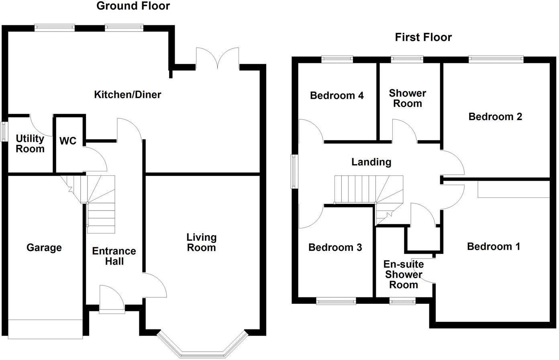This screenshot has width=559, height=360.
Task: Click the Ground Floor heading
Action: tap(133, 6)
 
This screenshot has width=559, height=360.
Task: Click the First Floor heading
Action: tap(423, 37)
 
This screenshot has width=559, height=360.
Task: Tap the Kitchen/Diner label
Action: tap(127, 95)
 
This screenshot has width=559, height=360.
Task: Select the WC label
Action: tap(68, 141)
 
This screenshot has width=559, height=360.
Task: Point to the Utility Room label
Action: tap(30, 144)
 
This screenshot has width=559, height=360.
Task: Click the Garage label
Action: tap(44, 248)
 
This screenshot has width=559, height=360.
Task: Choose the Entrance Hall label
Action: tap(114, 256)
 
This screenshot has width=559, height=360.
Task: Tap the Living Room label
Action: tap(201, 242)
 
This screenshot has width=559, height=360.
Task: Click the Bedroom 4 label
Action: tap(337, 96)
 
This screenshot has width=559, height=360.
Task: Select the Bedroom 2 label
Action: tap(495, 117)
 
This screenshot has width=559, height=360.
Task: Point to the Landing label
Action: tap(371, 162)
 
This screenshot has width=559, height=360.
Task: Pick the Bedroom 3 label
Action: tap(335, 247)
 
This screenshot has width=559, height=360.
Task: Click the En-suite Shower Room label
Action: tap(404, 275)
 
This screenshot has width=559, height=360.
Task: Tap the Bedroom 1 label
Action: tap(494, 246)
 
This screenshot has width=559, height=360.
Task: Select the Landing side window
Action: tap(294, 172)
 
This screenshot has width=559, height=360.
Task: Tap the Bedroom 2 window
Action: tap(496, 59)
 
